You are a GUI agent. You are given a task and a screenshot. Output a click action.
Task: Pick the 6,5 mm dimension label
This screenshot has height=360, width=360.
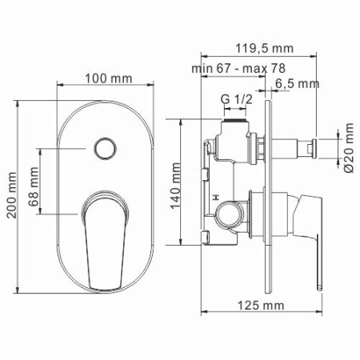(x=296, y=84)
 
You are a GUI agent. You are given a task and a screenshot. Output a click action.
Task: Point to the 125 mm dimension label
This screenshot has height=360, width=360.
(x=262, y=305)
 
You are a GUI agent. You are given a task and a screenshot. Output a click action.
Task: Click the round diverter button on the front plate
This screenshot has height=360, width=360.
(x=102, y=148)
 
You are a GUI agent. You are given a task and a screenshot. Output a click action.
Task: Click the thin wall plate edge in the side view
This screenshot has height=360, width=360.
(x=275, y=192)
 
